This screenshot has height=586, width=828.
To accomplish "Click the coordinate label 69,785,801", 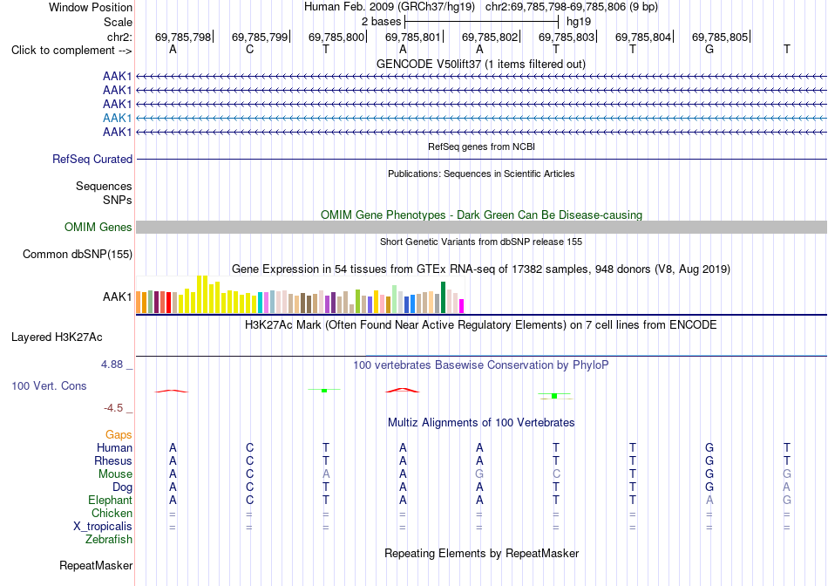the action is tap(412, 37).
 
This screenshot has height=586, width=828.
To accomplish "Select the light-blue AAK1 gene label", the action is tap(118, 118).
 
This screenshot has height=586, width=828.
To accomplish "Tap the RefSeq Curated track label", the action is tap(92, 159).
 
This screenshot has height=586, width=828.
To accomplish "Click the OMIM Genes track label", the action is tap(98, 228).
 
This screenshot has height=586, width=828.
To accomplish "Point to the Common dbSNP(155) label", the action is tap(78, 254).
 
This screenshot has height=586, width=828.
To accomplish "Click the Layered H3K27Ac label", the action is tap(57, 337).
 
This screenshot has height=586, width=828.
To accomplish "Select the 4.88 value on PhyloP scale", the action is tap(112, 365).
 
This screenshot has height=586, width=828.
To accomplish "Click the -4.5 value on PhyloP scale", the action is tap(113, 408).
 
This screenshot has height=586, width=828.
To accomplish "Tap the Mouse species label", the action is tap(115, 474).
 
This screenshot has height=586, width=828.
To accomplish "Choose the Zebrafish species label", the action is tap(109, 540).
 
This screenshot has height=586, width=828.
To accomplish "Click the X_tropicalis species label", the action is tap(103, 527).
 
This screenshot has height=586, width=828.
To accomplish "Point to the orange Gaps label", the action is tap(119, 434).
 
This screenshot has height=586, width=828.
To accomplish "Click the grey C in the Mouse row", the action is tap(556, 474).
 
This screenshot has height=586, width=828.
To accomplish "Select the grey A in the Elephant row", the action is tap(709, 500).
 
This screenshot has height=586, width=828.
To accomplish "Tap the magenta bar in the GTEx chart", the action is tap(462, 306).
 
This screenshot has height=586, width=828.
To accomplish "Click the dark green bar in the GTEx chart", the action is tap(443, 298).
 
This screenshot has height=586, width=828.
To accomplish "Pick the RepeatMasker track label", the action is tap(96, 565).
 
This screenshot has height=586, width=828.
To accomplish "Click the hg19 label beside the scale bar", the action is tap(579, 22).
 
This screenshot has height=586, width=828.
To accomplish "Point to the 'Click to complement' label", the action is tap(71, 51).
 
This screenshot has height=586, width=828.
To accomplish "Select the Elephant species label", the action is tap(111, 500).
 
